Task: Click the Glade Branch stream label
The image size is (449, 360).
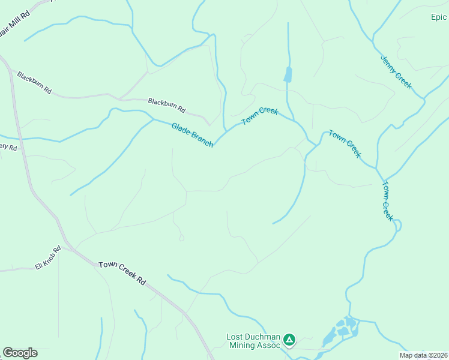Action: tap(192, 135)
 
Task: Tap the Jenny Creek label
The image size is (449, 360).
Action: tap(396, 72)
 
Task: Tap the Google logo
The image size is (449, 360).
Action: tap(20, 353)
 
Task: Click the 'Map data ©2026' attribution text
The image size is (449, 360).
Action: tap(423, 355)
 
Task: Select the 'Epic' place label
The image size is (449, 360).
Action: tap(439, 17)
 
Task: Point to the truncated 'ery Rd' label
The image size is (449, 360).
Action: tap(8, 147)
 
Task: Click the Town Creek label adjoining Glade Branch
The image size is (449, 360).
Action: tap(260, 116)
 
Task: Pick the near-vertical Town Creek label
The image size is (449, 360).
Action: tap(387, 201)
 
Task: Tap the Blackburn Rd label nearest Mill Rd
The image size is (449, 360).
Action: tap(34, 83)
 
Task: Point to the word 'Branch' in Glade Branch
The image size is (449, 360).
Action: tap(202, 140)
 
